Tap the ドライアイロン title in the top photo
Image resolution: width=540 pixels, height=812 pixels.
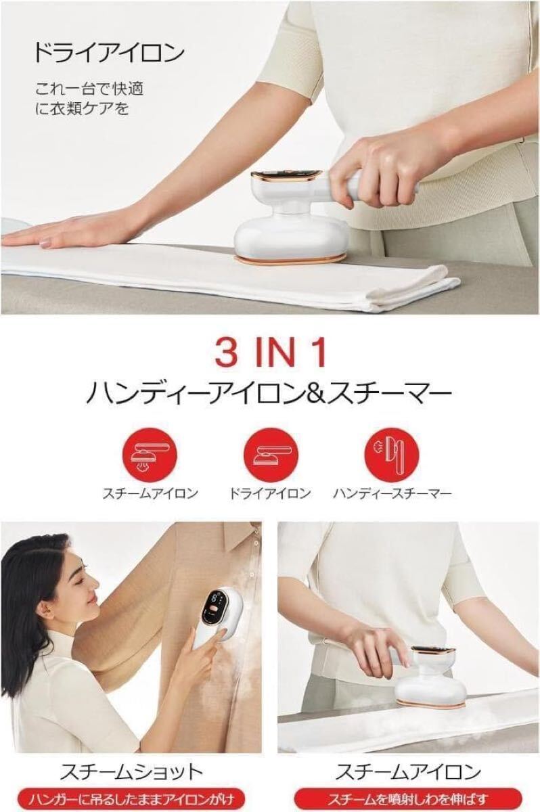[x=109, y=53]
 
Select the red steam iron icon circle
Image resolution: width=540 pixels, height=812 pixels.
[x=150, y=454]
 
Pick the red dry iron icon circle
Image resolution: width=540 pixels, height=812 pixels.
[x=271, y=454]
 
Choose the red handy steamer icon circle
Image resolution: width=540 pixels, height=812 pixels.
[x=392, y=454]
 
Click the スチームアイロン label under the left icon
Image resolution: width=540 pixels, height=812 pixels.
[x=150, y=493]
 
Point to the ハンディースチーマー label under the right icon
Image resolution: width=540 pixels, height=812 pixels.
[x=392, y=493]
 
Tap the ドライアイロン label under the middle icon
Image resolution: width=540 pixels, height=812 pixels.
[x=271, y=493]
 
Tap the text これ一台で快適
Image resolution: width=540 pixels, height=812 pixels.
[x=89, y=89]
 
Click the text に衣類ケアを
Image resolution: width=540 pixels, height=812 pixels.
[x=82, y=109]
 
